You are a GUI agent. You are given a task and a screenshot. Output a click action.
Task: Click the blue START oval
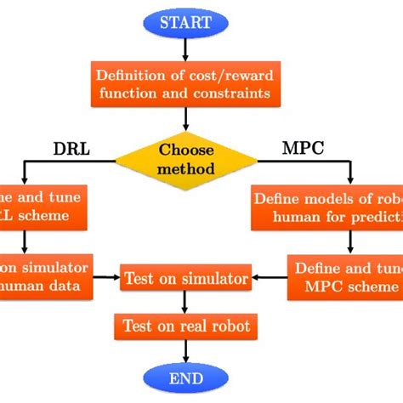(185, 23)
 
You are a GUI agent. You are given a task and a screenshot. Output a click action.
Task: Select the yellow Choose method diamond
(185, 158)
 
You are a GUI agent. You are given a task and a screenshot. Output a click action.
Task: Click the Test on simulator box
(185, 278)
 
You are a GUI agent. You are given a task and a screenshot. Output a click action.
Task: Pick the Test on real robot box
(185, 326)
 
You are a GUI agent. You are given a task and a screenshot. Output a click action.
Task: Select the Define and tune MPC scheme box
(345, 277)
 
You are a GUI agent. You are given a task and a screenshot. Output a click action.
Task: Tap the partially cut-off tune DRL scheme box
(43, 207)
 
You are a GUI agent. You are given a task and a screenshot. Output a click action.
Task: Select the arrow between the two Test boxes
(185, 302)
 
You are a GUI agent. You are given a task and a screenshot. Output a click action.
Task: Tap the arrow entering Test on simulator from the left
(105, 277)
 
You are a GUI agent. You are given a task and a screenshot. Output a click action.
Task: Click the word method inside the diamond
(185, 167)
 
